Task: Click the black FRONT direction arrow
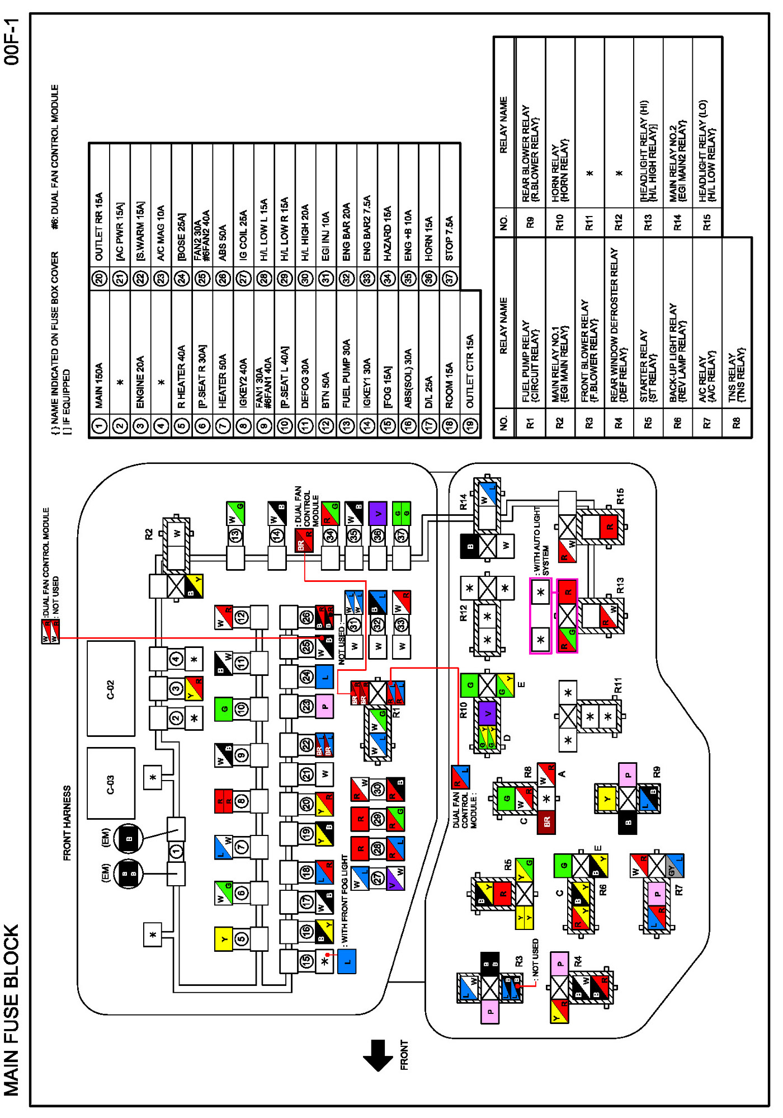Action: coord(378,1055)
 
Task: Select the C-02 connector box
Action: coord(111,688)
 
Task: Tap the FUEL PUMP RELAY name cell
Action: coord(530,361)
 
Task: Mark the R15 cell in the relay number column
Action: coord(707,222)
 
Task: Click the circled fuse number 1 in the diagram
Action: coord(176,851)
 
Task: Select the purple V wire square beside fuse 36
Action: coord(378,513)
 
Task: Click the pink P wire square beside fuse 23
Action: coord(325,706)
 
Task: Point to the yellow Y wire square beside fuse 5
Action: coord(224,939)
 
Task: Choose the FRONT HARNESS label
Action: coord(67,823)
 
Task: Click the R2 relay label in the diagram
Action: coord(149,534)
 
